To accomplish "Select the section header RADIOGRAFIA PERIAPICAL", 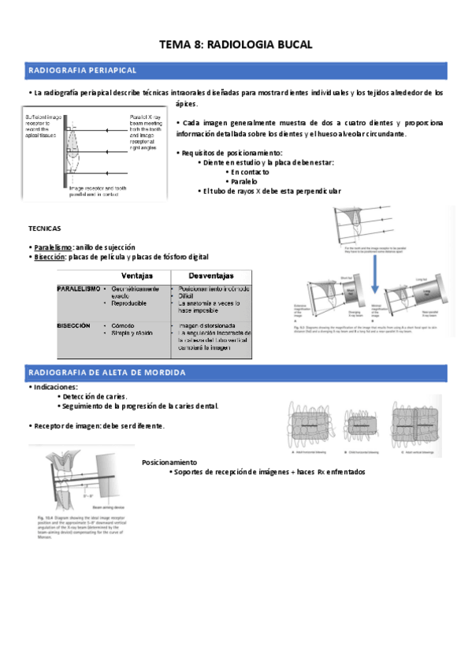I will [83, 71].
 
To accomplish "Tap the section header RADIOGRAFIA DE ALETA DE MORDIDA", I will [106, 371].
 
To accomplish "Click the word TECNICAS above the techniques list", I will [44, 228].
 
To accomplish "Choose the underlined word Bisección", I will [49, 258].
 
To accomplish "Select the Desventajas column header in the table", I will [211, 276].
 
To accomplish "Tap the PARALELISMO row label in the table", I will [78, 289].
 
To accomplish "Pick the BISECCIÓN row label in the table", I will [73, 325].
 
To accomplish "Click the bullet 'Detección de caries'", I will [95, 396].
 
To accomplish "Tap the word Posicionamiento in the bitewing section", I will [169, 462].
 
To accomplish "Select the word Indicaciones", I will [55, 388].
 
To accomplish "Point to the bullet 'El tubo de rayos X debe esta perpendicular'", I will [272, 191].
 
